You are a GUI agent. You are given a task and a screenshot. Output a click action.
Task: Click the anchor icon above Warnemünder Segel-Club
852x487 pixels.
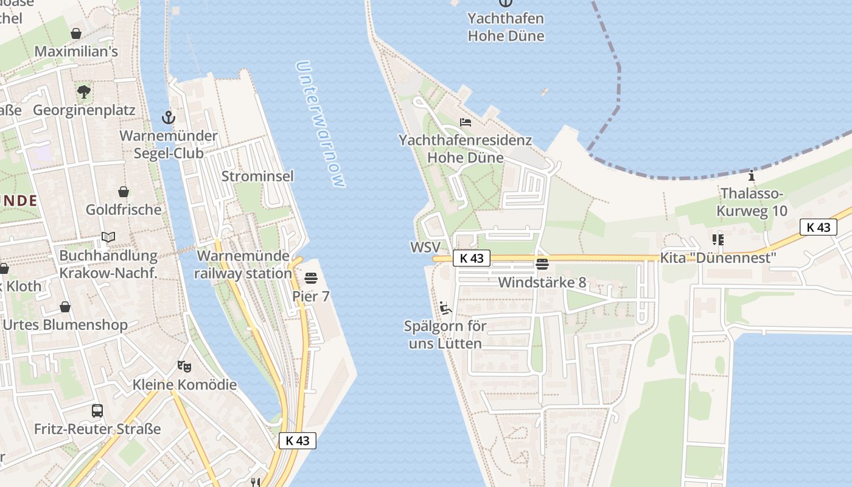click(x=168, y=117)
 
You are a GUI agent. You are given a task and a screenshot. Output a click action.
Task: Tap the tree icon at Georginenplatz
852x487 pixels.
click(x=84, y=92)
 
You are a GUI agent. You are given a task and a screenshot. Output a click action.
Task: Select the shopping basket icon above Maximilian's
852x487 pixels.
click(x=76, y=33)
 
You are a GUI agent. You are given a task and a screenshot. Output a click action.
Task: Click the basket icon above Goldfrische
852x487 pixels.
click(x=124, y=192)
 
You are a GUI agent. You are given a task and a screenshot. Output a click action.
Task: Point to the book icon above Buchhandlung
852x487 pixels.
click(x=108, y=237)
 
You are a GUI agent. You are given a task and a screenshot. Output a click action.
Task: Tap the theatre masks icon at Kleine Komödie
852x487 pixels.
click(x=184, y=366)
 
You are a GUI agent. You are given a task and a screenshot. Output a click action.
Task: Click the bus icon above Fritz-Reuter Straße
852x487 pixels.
click(x=97, y=410)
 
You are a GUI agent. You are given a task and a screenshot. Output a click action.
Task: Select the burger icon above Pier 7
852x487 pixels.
click(x=311, y=279)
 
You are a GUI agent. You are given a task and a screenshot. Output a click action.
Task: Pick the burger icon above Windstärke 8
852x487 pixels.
click(x=542, y=264)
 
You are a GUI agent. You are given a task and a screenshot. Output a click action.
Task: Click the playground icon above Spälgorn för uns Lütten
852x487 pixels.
click(x=445, y=307)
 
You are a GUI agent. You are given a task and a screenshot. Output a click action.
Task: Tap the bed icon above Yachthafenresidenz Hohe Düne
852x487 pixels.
click(x=466, y=122)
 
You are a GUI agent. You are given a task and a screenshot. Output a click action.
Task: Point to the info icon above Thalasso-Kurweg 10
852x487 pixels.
click(x=752, y=177)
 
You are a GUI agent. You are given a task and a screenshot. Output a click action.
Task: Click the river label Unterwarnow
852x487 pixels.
click(x=321, y=124)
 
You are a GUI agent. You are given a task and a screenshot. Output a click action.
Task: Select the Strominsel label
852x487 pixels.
click(x=257, y=177)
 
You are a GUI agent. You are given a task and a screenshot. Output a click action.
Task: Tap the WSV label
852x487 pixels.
click(x=425, y=247)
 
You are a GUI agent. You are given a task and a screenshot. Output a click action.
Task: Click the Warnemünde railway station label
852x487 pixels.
click(x=243, y=265)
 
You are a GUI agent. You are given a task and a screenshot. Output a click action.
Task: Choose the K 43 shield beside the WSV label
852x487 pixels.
click(x=471, y=258)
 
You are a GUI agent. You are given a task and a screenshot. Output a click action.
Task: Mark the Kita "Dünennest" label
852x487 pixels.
click(x=719, y=258)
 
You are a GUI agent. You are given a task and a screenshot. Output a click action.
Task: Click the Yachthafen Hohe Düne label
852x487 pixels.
click(x=506, y=27)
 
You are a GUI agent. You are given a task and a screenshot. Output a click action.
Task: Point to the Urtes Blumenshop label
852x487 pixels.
click(x=66, y=324)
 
